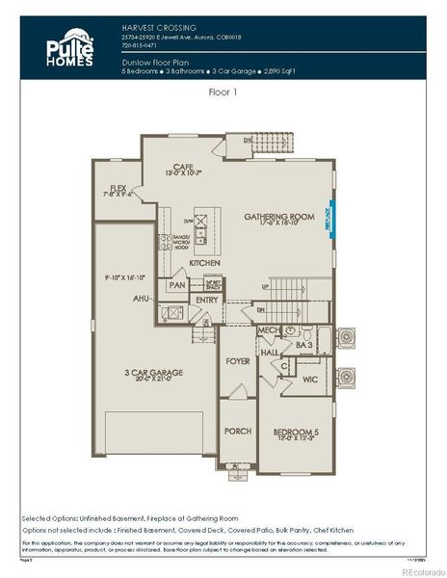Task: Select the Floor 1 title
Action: click(x=223, y=93)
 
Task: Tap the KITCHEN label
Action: click(x=204, y=263)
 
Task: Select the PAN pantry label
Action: click(x=177, y=285)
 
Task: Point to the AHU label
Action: click(x=140, y=299)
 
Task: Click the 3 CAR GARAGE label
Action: click(x=154, y=372)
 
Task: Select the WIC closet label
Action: click(x=310, y=381)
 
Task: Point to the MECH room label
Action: click(x=269, y=330)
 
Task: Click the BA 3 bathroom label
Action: click(x=303, y=344)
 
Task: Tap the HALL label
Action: click(x=269, y=354)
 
